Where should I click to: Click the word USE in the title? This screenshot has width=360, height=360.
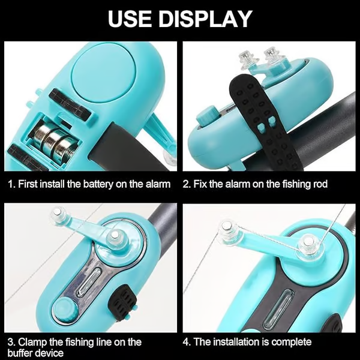click(130, 19)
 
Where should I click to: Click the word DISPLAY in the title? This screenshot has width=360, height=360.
click(205, 19)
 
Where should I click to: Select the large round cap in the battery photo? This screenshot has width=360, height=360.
click(104, 72)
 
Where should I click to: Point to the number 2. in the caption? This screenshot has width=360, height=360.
click(187, 184)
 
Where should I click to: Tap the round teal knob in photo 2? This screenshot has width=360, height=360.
click(207, 116)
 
